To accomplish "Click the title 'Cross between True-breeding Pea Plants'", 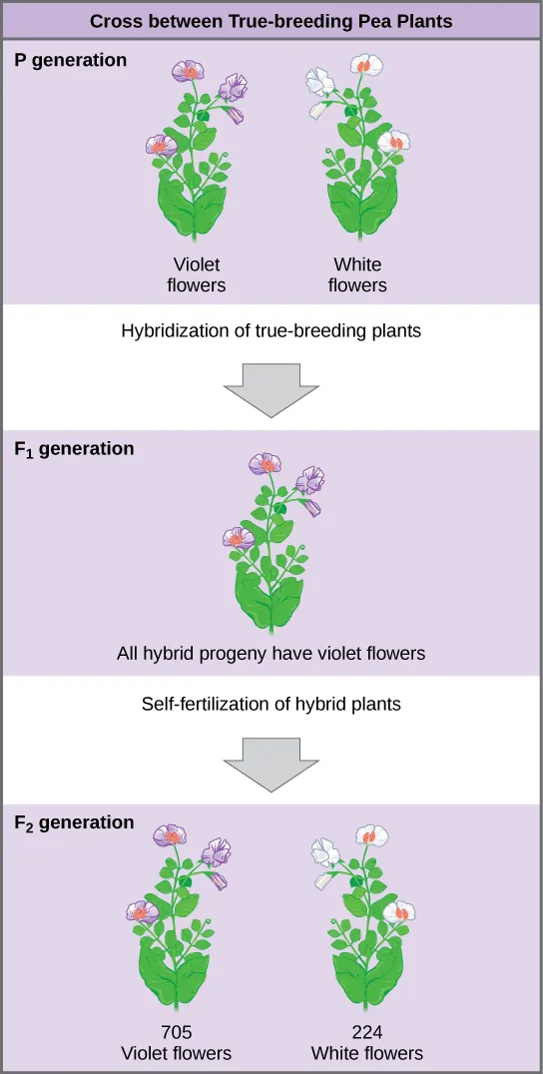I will [271, 21].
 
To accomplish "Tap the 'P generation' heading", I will [71, 61].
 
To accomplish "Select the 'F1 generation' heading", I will [75, 449].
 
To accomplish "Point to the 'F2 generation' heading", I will [75, 823].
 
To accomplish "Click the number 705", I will [177, 1033].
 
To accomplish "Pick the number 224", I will [366, 1033].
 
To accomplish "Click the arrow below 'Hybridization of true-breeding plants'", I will [271, 389].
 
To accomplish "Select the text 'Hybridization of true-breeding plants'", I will [271, 331].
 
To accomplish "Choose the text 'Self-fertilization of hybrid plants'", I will [271, 704].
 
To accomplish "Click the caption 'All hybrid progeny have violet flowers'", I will [271, 655].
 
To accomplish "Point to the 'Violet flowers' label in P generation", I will [196, 275].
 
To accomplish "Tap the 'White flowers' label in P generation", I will [357, 275].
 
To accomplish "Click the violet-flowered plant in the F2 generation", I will [177, 918].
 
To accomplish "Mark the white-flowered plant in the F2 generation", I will [365, 918].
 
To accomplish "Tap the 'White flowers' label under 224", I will [366, 1053].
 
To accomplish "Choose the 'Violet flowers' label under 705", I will [177, 1053].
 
